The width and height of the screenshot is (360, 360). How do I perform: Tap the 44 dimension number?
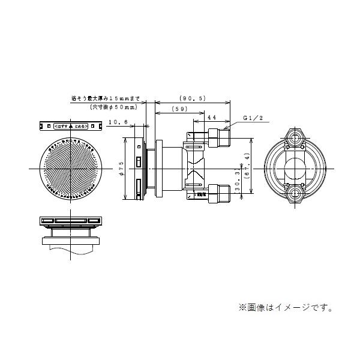tap(212, 119)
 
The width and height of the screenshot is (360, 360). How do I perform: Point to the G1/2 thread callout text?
tap(254, 119)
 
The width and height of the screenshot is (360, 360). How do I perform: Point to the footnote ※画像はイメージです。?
tap(287, 308)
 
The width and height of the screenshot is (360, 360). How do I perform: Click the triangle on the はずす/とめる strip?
tap(70, 127)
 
